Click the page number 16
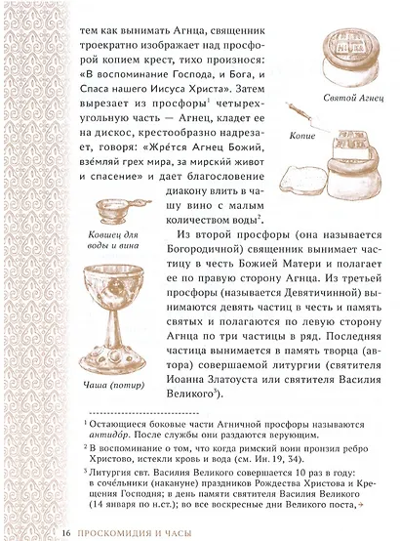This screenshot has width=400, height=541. (66, 530)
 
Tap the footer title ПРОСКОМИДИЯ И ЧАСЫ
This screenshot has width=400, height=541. (136, 530)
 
